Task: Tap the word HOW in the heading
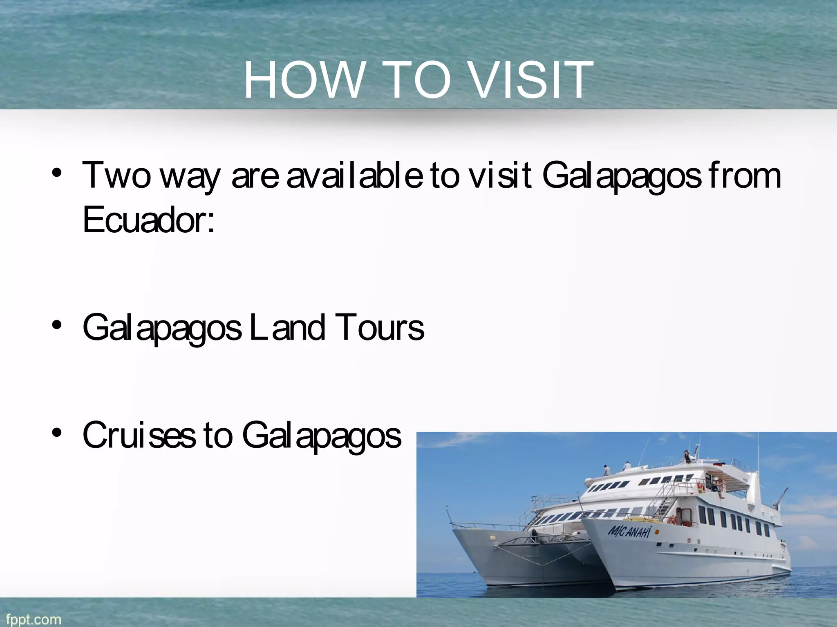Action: pyautogui.click(x=303, y=80)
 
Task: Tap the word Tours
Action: pyautogui.click(x=380, y=327)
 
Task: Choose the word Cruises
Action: pyautogui.click(x=139, y=435)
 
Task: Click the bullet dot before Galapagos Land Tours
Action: pyautogui.click(x=57, y=325)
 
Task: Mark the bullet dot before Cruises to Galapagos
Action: pyautogui.click(x=57, y=433)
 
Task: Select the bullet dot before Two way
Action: pyautogui.click(x=57, y=173)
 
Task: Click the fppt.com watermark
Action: pyautogui.click(x=34, y=619)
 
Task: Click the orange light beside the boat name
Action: pyautogui.click(x=657, y=532)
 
